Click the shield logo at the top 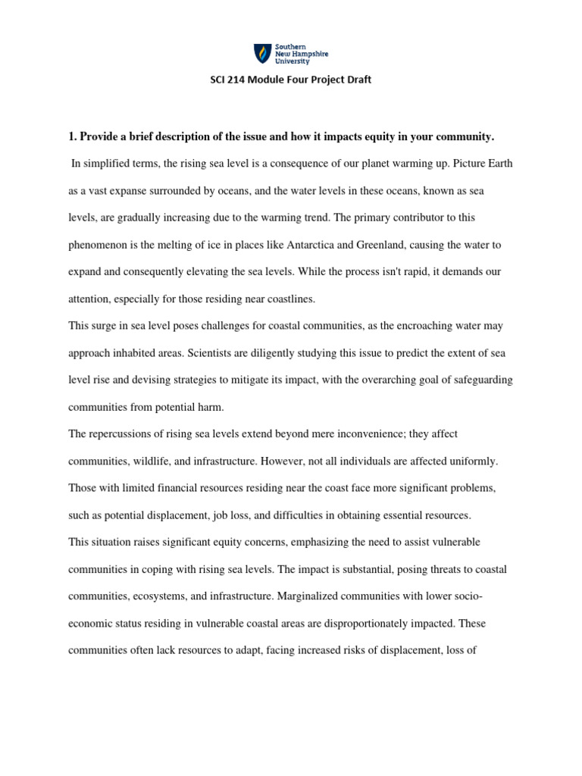click(261, 52)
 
